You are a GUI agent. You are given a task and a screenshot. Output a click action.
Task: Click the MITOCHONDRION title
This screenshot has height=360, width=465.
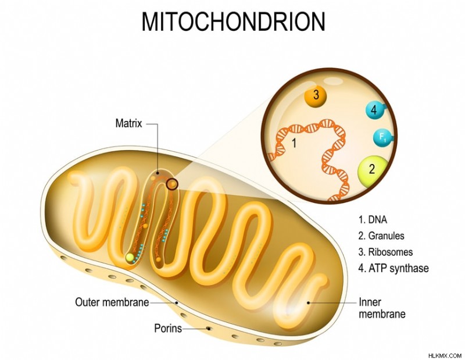click(x=234, y=22)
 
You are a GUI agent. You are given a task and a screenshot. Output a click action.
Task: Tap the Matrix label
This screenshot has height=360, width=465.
click(x=128, y=123)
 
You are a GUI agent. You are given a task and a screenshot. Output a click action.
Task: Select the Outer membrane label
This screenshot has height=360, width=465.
click(x=112, y=302)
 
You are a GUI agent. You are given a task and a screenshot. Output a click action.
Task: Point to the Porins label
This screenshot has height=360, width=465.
click(x=168, y=328)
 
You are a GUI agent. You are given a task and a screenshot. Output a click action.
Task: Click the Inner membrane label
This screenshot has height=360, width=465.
click(x=382, y=308)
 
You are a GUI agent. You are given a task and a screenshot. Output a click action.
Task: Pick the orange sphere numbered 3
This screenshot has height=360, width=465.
click(x=316, y=96)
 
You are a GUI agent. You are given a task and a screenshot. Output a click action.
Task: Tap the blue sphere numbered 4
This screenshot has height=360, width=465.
click(x=375, y=110)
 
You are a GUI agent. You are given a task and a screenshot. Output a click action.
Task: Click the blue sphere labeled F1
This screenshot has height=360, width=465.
click(x=383, y=138)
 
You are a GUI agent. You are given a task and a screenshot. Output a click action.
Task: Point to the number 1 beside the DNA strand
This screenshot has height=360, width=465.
click(x=294, y=143)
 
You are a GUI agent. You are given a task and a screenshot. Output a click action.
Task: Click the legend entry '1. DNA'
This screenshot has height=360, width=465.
click(x=373, y=220)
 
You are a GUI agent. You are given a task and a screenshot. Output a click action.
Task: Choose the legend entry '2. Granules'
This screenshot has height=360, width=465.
click(x=381, y=236)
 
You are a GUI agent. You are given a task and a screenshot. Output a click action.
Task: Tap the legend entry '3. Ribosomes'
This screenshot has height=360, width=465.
click(x=385, y=252)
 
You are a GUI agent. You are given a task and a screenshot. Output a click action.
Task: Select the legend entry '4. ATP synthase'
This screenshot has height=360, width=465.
click(x=394, y=268)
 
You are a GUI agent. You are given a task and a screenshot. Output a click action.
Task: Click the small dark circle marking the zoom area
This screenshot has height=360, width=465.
click(x=172, y=184)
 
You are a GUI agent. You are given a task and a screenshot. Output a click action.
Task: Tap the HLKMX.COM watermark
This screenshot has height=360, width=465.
click(x=445, y=355)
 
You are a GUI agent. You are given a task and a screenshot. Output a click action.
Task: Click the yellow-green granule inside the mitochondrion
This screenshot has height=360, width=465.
click(x=130, y=257)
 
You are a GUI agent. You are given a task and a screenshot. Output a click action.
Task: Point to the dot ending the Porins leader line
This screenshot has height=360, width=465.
click(x=209, y=329)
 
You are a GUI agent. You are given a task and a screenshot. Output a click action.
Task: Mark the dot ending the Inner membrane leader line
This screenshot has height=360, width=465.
click(x=309, y=303)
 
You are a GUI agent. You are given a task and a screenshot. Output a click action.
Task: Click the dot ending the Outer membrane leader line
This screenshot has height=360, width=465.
click(x=177, y=303)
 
